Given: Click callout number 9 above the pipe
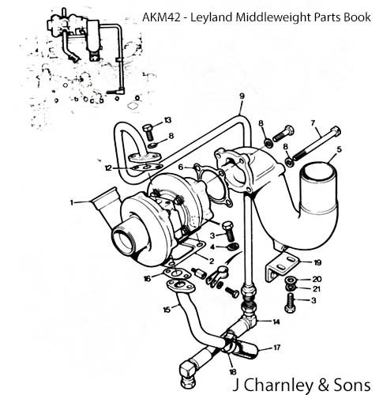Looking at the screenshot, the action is (242, 96).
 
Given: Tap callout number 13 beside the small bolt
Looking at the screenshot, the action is (167, 120).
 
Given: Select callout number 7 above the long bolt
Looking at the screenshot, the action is (313, 123).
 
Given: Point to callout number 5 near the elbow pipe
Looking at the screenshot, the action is (340, 149).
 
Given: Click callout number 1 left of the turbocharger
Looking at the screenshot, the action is (71, 202).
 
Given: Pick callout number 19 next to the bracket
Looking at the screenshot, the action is (317, 262).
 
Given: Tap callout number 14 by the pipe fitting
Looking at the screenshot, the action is (276, 322).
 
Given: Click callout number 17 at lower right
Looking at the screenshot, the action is (277, 348).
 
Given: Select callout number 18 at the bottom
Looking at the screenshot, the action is (233, 372).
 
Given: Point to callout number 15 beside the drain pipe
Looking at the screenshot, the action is (167, 310).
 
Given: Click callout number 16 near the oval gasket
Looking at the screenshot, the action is (148, 278).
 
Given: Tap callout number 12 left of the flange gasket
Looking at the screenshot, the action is (108, 168).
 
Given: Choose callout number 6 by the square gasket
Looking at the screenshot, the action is (181, 167).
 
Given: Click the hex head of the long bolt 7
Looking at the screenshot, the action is (336, 131).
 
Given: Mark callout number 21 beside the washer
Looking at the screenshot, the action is (317, 289).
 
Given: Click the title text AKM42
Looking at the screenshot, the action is (161, 17).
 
